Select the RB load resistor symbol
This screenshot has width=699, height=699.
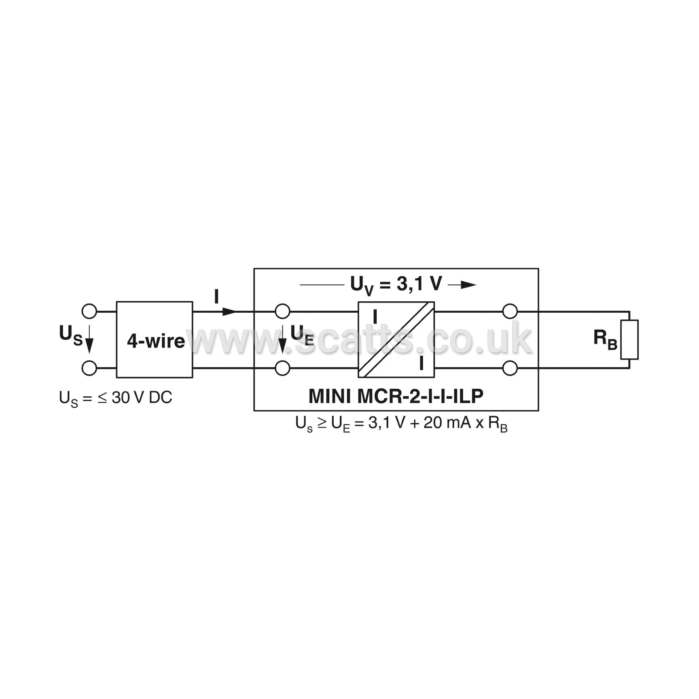(629, 339)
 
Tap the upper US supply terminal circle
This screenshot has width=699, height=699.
(89, 311)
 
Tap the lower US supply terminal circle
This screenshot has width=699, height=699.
(89, 368)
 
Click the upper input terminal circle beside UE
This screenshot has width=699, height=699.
(282, 311)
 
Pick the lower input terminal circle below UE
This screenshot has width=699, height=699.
(282, 368)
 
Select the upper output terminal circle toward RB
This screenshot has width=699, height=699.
(510, 311)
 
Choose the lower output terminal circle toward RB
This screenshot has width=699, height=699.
(510, 368)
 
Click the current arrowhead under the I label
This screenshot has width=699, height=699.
(229, 311)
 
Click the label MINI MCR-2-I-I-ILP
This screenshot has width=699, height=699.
(396, 396)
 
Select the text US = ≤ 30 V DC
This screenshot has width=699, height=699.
(116, 398)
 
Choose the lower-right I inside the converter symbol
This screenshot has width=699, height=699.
(421, 363)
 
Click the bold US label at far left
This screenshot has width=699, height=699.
(71, 335)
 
